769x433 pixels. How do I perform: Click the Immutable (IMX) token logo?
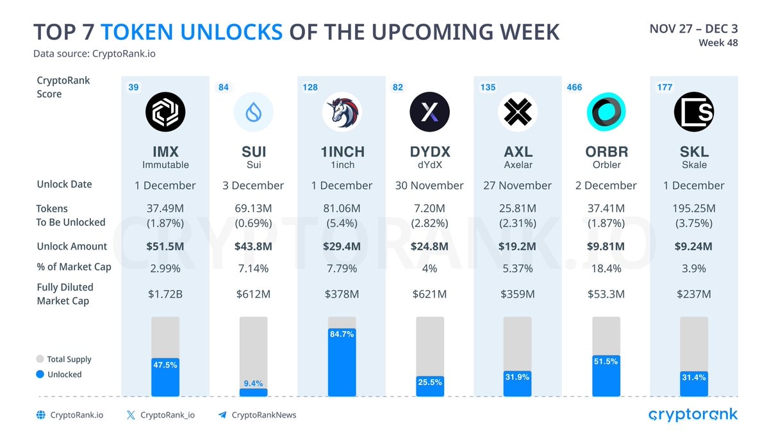[165, 112]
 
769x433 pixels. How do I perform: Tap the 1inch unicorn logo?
[341, 112]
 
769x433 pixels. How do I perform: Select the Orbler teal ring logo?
[606, 112]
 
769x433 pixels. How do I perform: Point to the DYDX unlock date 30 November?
[429, 185]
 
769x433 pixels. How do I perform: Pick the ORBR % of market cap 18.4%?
[606, 268]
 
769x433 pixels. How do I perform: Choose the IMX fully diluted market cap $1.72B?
[165, 294]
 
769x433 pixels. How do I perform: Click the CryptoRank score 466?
[575, 87]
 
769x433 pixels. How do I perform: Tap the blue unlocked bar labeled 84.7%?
[342, 366]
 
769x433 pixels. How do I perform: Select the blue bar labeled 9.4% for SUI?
[253, 392]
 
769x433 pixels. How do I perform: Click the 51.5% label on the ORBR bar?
[606, 361]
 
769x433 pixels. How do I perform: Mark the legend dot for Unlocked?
[40, 374]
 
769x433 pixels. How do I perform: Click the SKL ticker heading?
[693, 152]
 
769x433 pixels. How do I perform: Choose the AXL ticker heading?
[517, 152]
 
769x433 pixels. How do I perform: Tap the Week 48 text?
[718, 43]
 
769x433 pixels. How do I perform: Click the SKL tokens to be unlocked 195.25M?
[694, 208]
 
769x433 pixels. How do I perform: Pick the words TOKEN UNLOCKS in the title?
[192, 31]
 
